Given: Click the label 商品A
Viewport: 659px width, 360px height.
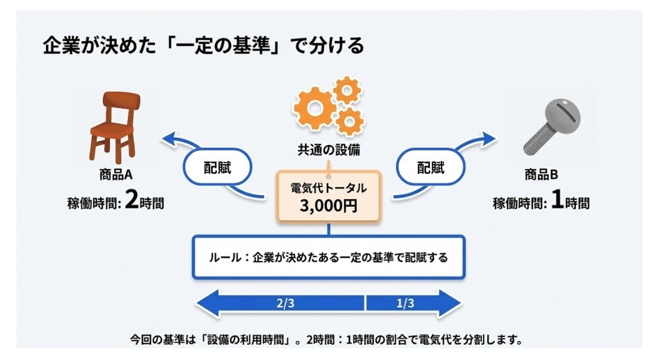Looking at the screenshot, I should click(115, 175).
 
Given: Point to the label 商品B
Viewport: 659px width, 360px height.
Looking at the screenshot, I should click(541, 175).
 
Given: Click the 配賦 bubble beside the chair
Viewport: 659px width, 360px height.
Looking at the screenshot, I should click(217, 167).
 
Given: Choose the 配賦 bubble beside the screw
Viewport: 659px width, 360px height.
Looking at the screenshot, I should click(430, 167).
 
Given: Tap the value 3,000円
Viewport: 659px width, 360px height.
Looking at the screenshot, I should click(328, 206).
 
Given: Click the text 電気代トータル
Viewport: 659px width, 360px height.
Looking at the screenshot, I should click(328, 188).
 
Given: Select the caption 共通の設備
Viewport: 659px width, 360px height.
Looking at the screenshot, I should click(328, 150).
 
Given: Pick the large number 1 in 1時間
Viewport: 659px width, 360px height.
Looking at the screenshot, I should click(556, 200).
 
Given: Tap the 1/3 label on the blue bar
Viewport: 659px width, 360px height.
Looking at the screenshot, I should click(405, 304).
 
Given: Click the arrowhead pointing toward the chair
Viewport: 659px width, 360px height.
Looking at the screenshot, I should click(170, 138).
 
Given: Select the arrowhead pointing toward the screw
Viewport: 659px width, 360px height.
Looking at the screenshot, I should click(488, 138).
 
